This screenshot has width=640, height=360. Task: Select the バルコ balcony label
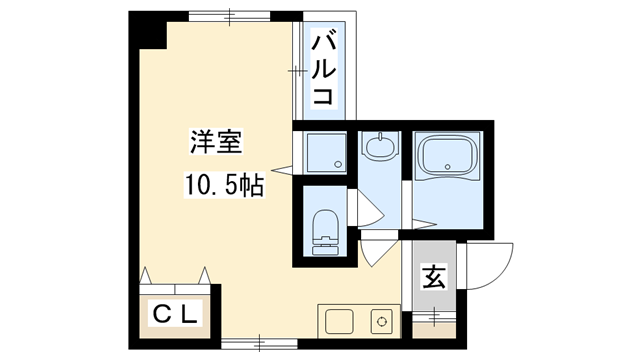pos(322,68)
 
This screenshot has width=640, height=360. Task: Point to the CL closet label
pos(177,313)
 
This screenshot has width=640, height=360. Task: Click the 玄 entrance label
pos(432,275)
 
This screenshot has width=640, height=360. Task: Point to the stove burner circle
pos(380,322)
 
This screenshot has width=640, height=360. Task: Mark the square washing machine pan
pos(322,150)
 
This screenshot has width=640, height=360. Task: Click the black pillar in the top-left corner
pos(149,29)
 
